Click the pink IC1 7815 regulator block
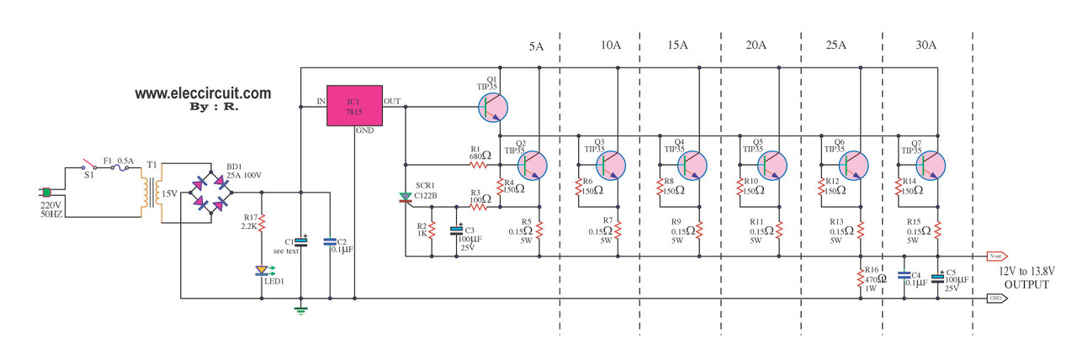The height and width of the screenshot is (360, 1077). tap(354, 105)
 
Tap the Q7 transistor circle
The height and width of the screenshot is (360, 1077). tap(934, 163)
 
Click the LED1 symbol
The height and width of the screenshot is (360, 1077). tap(263, 271)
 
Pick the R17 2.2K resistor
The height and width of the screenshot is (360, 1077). tap(263, 223)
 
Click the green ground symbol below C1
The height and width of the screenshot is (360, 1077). tap(300, 310)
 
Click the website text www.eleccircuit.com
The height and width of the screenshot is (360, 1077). tap(203, 94)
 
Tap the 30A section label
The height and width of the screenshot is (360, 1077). tap(926, 45)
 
